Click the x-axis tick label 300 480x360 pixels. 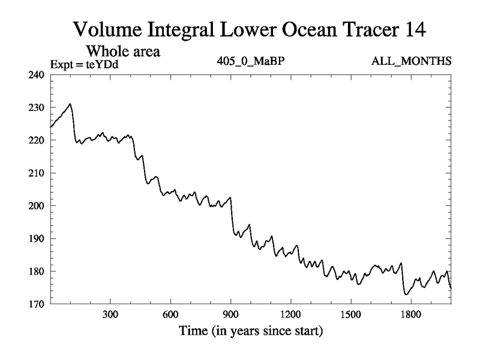click(x=110, y=314)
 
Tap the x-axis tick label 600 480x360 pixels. click(x=170, y=314)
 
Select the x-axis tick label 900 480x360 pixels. click(x=230, y=314)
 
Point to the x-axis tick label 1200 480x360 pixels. click(x=290, y=314)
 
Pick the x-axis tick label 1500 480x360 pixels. click(x=350, y=314)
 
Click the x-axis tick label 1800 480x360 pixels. click(x=410, y=314)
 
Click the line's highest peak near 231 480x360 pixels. click(x=70, y=104)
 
